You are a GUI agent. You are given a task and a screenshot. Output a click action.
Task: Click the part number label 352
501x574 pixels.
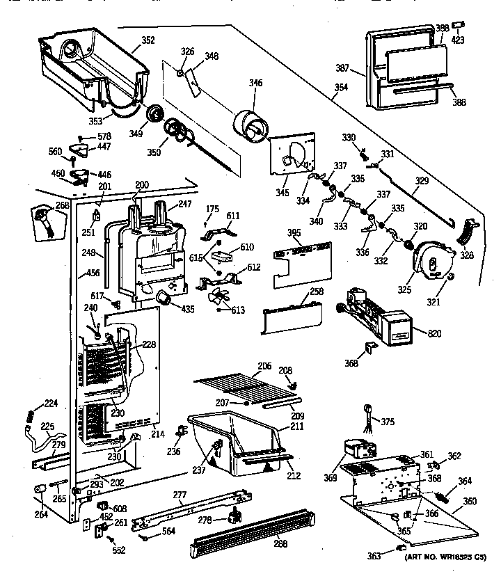pos(148,40)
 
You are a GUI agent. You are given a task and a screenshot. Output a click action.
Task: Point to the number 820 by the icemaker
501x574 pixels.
pos(436,334)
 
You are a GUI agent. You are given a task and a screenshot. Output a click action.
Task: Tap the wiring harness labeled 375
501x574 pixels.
pos(366,416)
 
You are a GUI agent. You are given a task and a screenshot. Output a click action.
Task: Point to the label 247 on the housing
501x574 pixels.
pos(184,204)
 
